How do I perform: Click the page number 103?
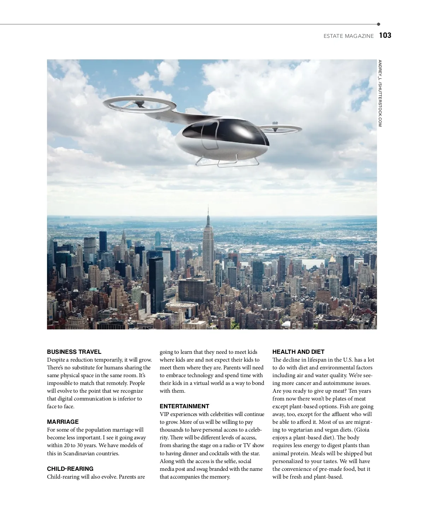[385, 35]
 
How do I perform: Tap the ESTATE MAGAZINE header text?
[348, 36]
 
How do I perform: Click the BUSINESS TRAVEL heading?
[74, 352]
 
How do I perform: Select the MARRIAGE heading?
[63, 422]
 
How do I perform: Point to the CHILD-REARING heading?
[70, 469]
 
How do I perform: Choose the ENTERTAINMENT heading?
[184, 406]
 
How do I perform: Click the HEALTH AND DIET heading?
[298, 352]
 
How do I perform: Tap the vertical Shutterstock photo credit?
[380, 93]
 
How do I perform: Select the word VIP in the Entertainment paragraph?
[164, 414]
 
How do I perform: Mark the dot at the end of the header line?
[378, 24]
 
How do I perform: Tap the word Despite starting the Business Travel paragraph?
[57, 360]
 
